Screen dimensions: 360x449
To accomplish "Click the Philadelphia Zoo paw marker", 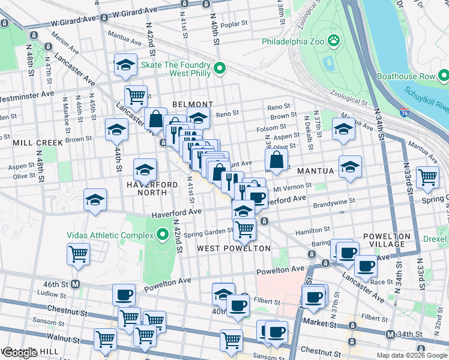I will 334,41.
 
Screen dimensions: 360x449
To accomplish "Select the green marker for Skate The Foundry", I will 220,69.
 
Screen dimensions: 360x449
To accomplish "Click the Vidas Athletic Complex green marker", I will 161,234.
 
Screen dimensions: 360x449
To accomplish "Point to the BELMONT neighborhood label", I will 193,104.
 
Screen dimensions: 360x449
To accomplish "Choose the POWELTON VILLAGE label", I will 387,240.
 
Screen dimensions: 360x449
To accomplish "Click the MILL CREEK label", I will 31,143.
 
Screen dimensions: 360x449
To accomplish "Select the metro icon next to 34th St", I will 391,334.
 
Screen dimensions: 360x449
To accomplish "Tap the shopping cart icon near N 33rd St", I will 427,177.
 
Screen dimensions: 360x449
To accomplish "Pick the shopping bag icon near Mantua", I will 276,160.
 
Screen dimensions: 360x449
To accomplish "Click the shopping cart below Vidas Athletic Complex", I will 79,254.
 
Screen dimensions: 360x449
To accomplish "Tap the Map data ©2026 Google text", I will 411,355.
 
